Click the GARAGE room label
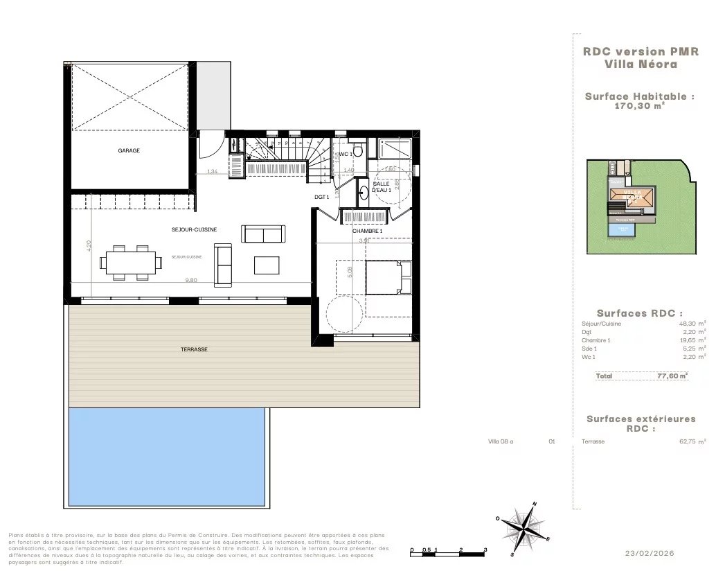[129, 150]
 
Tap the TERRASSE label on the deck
[194, 349]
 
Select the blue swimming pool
[167, 457]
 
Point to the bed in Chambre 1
[388, 278]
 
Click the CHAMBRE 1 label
[367, 231]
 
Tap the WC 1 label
[346, 153]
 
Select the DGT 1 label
[321, 197]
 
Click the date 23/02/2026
[649, 553]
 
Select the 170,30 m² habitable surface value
[639, 106]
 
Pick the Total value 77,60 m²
[672, 376]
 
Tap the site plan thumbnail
[641, 206]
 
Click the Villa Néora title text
[640, 64]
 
